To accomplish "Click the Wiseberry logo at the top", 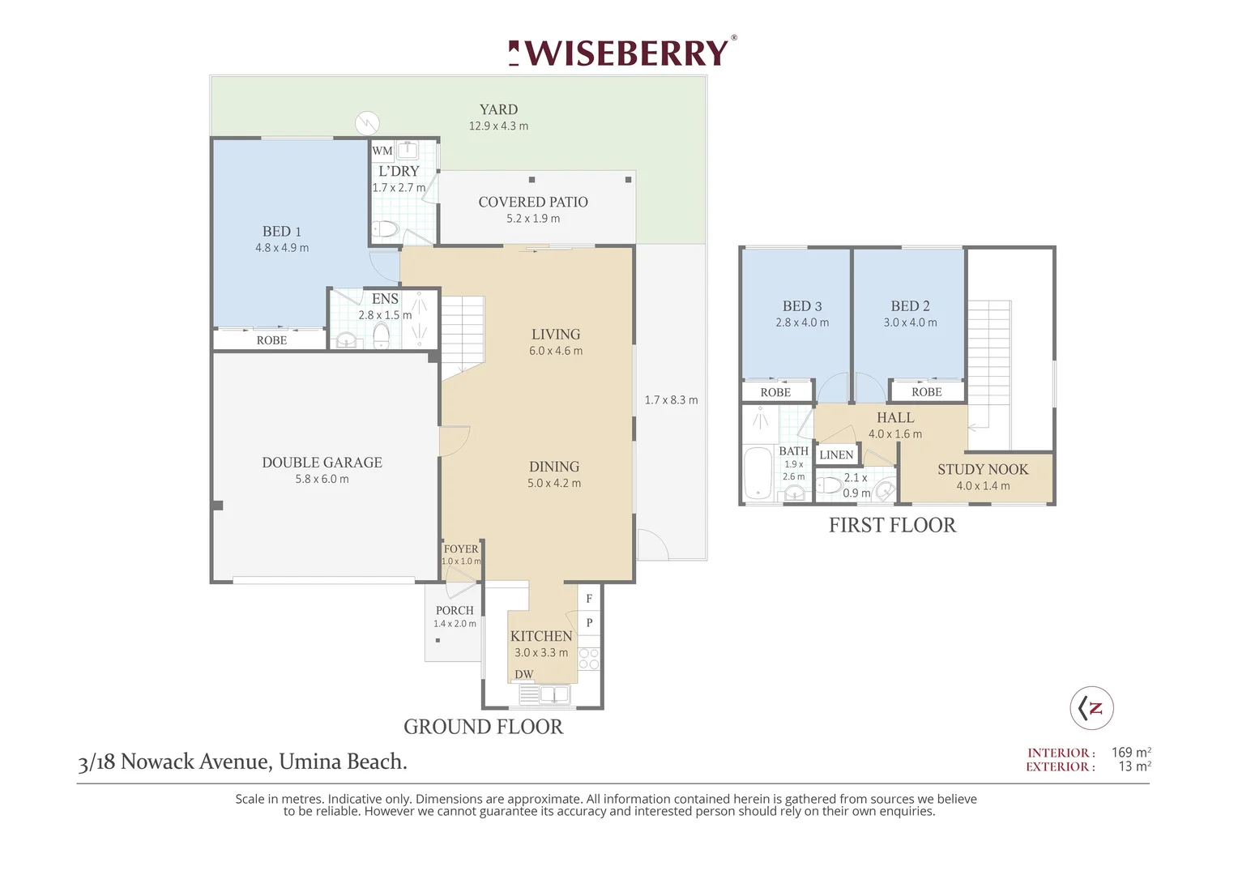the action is point(622,53).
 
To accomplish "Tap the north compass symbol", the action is point(1091,708).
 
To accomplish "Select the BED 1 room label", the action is point(282,231).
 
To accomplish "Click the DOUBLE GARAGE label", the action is point(322,462).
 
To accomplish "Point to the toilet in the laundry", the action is point(385,228).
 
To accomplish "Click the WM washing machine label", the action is point(382,151).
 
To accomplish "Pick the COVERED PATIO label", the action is point(533,202).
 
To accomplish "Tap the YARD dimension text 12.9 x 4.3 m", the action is point(498,126).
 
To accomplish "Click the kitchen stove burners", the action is point(588,659).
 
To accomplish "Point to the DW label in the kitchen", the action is point(524,674).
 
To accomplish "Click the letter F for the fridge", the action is point(589,599).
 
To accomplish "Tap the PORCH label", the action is point(455,610).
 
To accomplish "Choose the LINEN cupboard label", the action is point(836,455).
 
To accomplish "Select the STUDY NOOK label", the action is point(983,469).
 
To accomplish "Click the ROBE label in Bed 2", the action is point(927,392).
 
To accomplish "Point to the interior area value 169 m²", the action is point(1131,753).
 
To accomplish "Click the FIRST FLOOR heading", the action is point(892,525).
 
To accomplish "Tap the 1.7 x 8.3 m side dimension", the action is point(671,399).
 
